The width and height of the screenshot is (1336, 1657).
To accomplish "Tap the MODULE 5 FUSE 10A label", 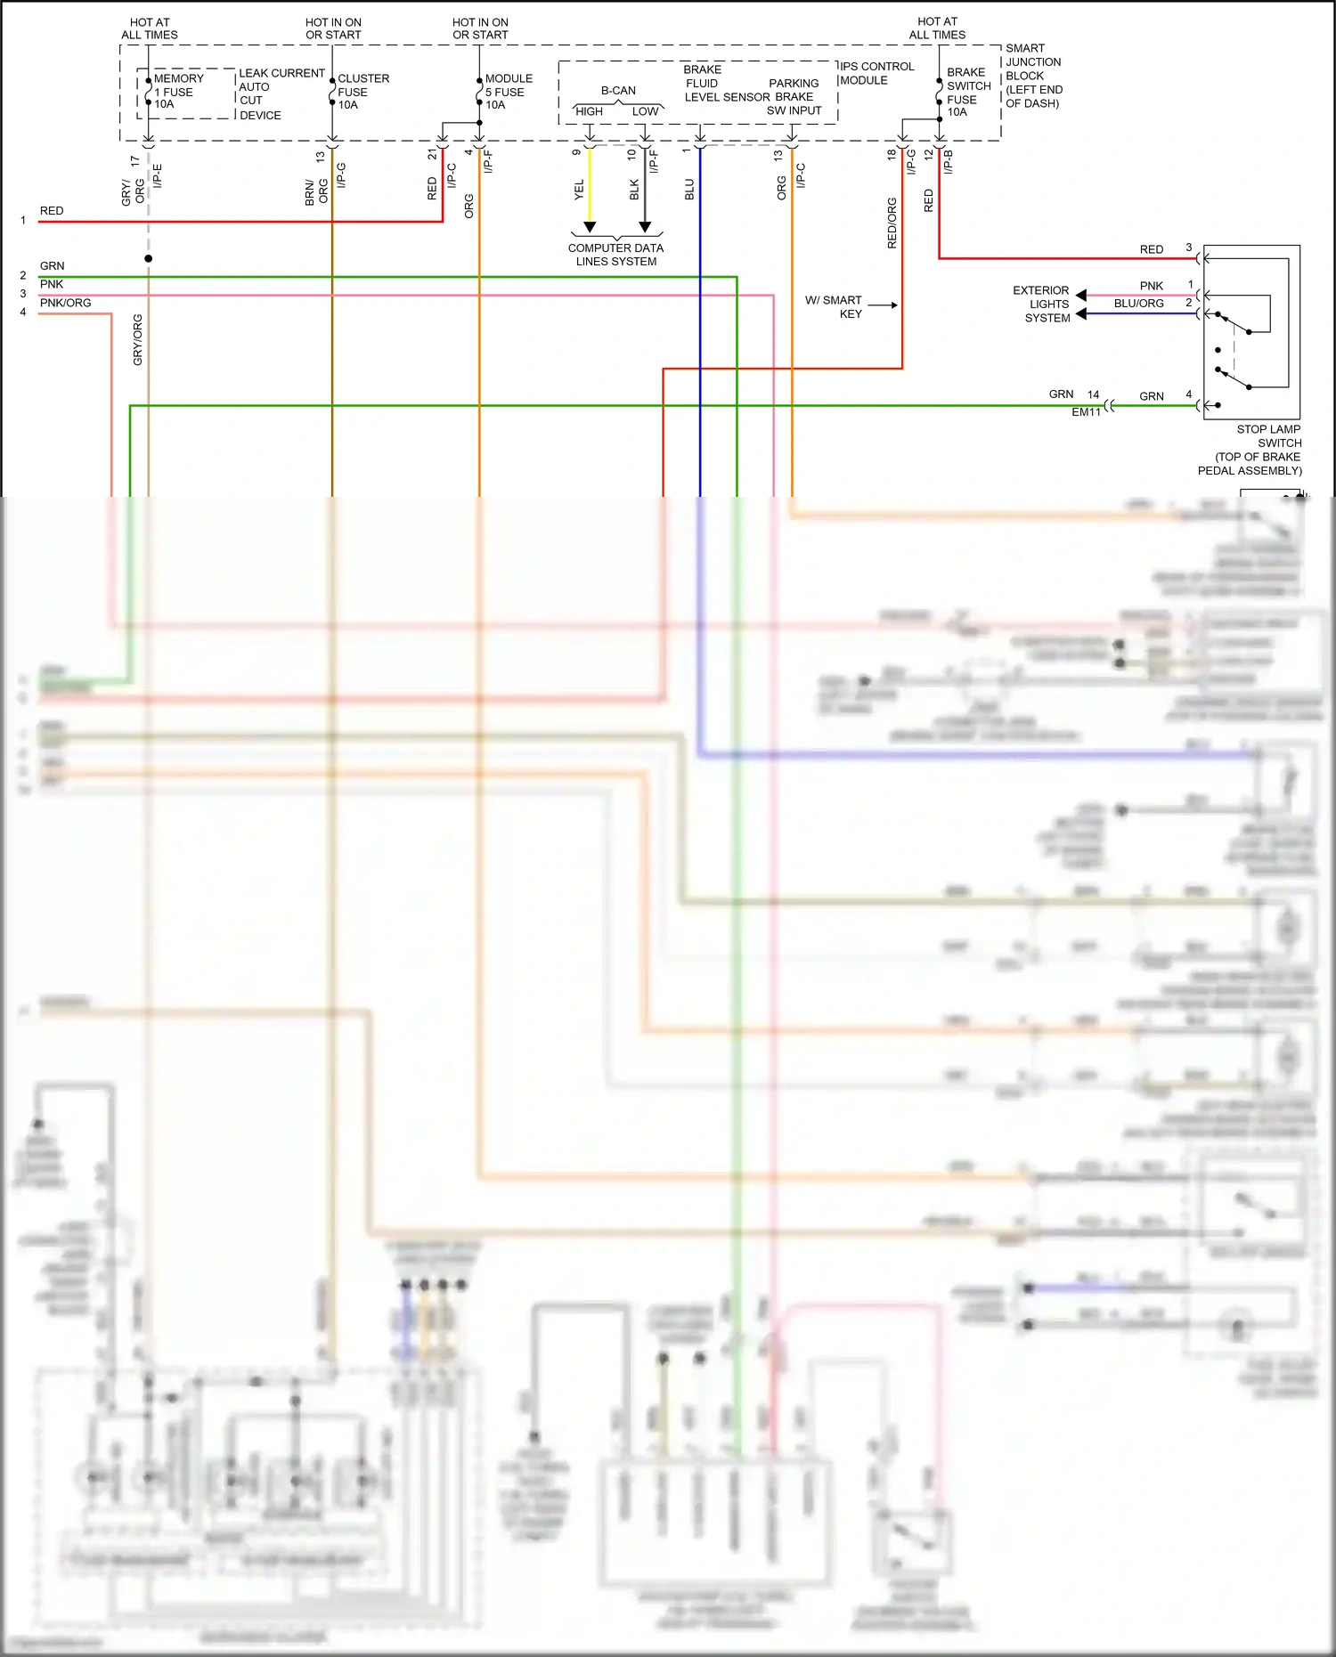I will click(508, 92).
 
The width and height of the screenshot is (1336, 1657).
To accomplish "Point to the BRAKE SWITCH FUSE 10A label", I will click(967, 92).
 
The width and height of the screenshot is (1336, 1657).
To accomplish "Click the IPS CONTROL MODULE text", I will click(876, 73).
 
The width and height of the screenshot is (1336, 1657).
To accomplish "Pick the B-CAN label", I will click(618, 91).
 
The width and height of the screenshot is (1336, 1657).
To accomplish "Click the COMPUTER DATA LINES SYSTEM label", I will click(615, 255).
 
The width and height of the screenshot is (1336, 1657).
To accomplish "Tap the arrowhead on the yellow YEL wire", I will click(590, 227).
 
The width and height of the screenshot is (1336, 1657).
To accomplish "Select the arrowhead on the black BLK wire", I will click(645, 227).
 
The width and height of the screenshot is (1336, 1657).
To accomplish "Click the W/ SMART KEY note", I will click(835, 306).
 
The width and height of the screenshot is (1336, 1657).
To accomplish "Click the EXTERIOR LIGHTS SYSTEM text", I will click(1043, 304).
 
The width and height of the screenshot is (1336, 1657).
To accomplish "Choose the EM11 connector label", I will click(1086, 412).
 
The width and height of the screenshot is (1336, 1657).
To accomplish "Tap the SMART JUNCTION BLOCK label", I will click(1033, 76).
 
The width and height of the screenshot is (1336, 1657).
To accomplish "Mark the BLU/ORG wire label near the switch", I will click(1138, 304).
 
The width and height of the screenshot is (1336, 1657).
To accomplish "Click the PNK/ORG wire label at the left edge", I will click(65, 303).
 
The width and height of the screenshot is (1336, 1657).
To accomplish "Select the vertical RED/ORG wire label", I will click(892, 223).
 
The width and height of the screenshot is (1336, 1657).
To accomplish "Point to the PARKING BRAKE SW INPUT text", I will click(794, 96).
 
